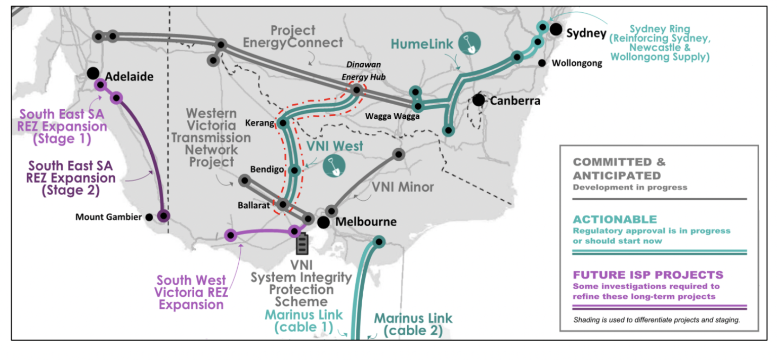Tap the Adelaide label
[129, 77]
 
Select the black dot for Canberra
[479, 100]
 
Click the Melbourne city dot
[324, 222]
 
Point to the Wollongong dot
[542, 63]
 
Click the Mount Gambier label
[108, 217]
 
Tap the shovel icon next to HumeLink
[469, 44]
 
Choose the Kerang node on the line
[283, 123]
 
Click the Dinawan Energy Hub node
[357, 90]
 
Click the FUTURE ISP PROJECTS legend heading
[648, 275]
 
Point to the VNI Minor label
[403, 187]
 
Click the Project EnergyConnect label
[293, 36]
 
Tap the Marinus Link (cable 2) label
[413, 325]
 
